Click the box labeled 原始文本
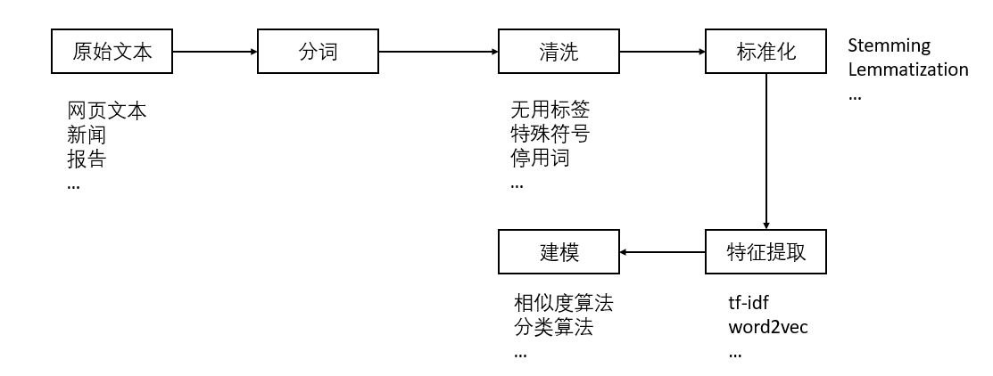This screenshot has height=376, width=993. (112, 52)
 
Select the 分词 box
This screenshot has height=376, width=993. (318, 52)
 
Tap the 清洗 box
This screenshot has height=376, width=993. (559, 52)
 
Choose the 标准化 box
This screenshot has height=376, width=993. (765, 52)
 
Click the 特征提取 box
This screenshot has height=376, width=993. (766, 252)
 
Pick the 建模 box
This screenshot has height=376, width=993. (559, 252)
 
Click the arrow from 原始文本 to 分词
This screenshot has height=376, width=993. (215, 53)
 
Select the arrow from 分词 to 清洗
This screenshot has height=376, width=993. (437, 53)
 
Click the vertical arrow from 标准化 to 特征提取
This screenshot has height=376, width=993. (766, 151)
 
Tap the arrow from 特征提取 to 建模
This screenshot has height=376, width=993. (662, 252)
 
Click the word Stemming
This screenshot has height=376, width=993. (889, 45)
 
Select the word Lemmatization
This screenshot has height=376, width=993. (907, 69)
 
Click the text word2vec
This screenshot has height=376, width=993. (768, 326)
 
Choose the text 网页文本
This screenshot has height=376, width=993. (106, 111)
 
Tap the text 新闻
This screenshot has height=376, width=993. (87, 135)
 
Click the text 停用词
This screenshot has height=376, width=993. (540, 159)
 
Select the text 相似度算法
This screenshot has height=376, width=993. (563, 303)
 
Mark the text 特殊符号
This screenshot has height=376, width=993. (550, 135)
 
